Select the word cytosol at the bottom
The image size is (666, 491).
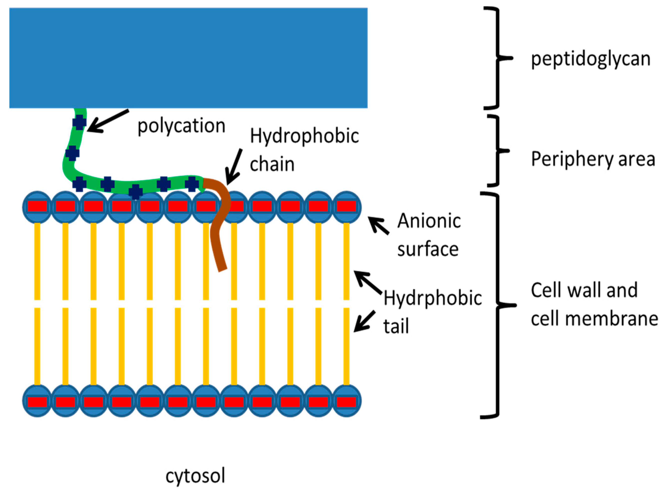(x=195, y=476)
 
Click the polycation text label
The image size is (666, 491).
(x=181, y=126)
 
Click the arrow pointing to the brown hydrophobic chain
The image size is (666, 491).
(x=233, y=167)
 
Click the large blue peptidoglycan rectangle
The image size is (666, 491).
(x=188, y=58)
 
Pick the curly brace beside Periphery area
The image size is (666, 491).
(x=497, y=151)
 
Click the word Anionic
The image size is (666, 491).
(x=429, y=221)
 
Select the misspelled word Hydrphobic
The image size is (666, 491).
(x=432, y=298)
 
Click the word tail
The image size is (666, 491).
(x=396, y=326)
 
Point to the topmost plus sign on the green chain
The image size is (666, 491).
(x=80, y=123)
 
